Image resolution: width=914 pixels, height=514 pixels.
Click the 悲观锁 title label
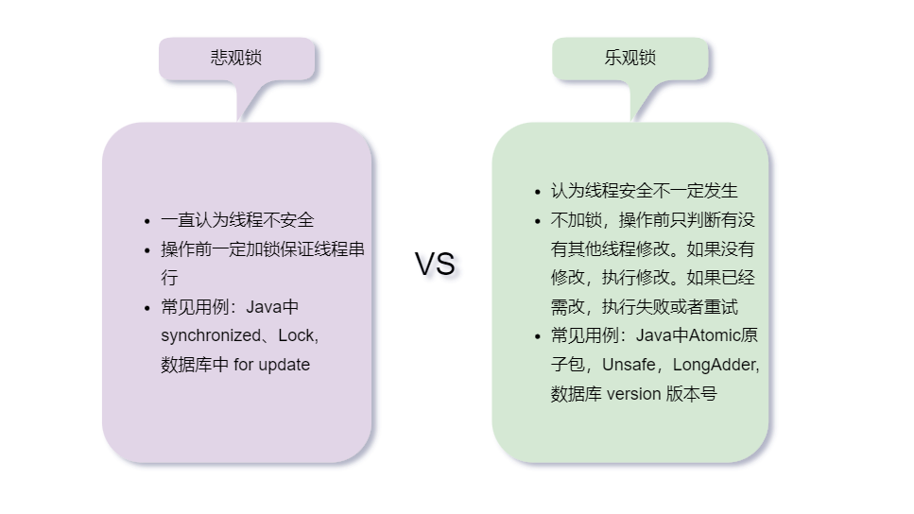(235, 58)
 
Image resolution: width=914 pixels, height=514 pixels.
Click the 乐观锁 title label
(629, 58)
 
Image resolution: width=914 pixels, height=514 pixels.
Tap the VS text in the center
(435, 264)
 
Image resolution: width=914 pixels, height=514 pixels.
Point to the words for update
(271, 365)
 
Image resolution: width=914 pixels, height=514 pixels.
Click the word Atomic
(715, 335)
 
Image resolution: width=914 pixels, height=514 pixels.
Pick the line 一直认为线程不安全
(237, 220)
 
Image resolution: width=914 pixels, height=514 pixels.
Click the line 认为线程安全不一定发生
(644, 191)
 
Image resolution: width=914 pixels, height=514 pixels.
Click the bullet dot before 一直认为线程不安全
(147, 221)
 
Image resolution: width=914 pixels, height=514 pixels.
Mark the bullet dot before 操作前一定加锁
(147, 250)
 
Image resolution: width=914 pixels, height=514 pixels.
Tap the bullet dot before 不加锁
(538, 221)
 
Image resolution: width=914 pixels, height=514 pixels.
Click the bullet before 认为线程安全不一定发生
(538, 192)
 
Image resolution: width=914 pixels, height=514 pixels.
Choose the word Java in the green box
(653, 335)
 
